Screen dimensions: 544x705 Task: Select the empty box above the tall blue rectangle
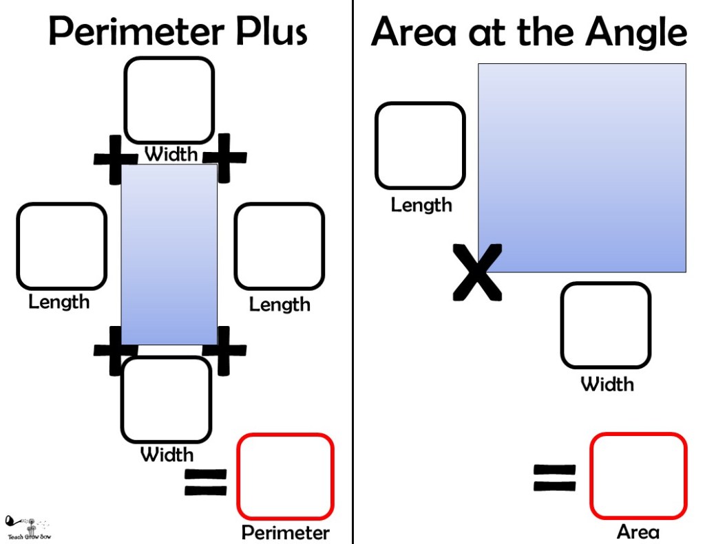click(x=169, y=100)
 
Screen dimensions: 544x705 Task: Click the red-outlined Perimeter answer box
click(x=285, y=475)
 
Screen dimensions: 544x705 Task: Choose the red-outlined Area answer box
click(x=638, y=475)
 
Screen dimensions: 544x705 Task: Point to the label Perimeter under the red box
click(x=286, y=532)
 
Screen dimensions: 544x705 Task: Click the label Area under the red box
click(x=638, y=532)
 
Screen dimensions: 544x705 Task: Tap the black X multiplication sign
click(x=477, y=272)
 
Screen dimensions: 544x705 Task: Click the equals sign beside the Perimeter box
click(x=205, y=481)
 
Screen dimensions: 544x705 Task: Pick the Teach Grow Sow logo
click(x=28, y=527)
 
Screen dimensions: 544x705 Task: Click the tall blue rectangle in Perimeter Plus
click(x=169, y=254)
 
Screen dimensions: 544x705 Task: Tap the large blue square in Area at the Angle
click(x=582, y=168)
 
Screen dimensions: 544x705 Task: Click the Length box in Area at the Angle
click(x=420, y=145)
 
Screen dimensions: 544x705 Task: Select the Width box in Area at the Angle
click(x=606, y=325)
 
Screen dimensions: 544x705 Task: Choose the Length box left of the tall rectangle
click(x=61, y=246)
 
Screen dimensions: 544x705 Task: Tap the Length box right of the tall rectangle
click(x=279, y=246)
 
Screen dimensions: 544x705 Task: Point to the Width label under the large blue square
click(x=607, y=384)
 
